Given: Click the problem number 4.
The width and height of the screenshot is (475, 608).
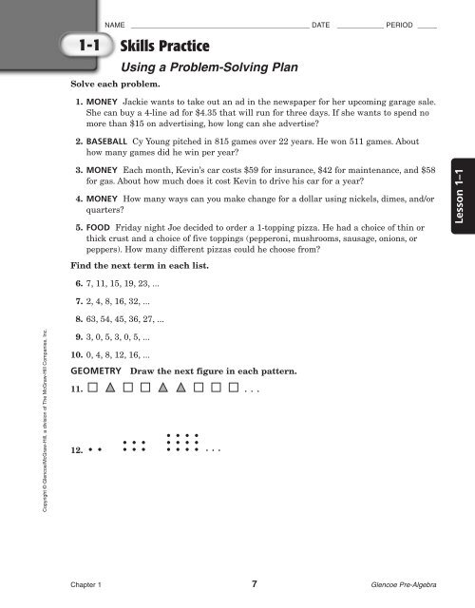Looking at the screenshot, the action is (x=77, y=199).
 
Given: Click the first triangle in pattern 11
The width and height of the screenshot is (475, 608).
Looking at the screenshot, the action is (x=111, y=389).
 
